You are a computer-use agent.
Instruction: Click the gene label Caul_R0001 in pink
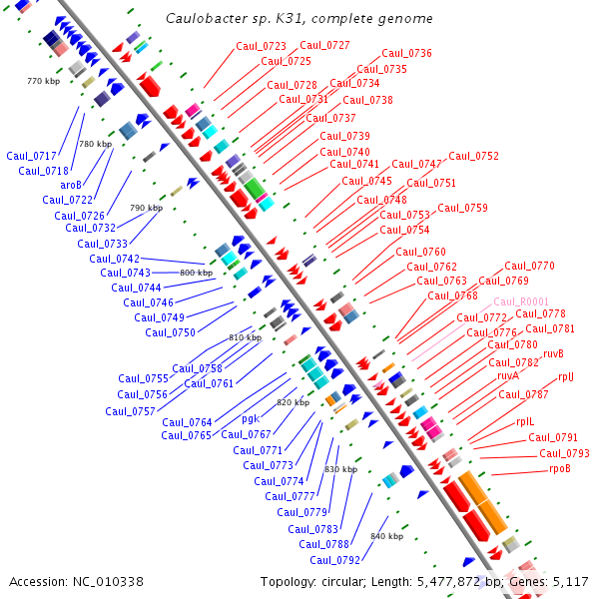click(x=521, y=301)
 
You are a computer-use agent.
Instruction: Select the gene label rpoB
click(x=560, y=468)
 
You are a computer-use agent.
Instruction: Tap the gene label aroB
click(x=71, y=185)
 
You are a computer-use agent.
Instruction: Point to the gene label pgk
click(x=251, y=419)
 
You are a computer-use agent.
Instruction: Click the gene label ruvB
click(x=553, y=353)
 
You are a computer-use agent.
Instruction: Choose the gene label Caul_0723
click(x=261, y=46)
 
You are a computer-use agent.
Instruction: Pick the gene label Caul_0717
click(x=31, y=156)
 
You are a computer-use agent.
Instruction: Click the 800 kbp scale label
click(x=196, y=273)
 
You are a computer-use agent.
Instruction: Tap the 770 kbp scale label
click(x=43, y=80)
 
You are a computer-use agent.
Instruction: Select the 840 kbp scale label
click(x=386, y=536)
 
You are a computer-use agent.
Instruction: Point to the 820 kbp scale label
click(x=293, y=402)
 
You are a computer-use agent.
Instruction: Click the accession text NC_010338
click(x=112, y=581)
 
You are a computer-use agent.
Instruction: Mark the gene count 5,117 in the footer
click(x=570, y=581)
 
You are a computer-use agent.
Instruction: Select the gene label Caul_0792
click(x=332, y=560)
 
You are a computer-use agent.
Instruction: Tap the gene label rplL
click(x=525, y=422)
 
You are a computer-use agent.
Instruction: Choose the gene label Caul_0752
click(x=473, y=156)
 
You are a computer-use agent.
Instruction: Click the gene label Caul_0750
click(x=170, y=333)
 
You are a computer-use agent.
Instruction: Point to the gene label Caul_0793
click(x=564, y=453)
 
